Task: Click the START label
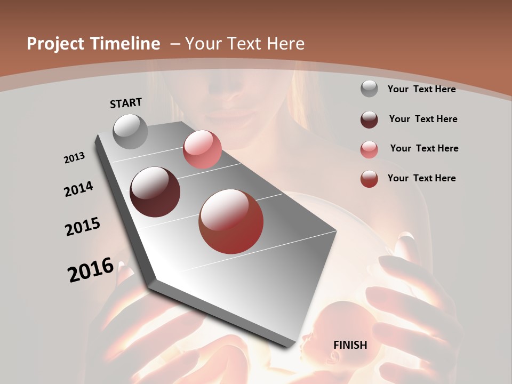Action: [x=126, y=102]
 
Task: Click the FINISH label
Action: [x=350, y=345]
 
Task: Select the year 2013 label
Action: [x=74, y=158]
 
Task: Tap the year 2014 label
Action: [x=78, y=189]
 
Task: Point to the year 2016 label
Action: [x=91, y=270]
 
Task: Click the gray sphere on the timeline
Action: [x=131, y=131]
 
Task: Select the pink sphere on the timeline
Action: [x=202, y=149]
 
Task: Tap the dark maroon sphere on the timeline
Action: [x=155, y=192]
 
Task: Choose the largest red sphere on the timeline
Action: [x=231, y=221]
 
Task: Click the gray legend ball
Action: [x=369, y=89]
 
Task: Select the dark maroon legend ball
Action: [x=369, y=119]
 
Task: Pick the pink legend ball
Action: [x=369, y=149]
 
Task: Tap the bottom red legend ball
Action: [x=369, y=179]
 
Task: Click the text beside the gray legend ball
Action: [x=421, y=89]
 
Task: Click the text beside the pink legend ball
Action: [x=424, y=148]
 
